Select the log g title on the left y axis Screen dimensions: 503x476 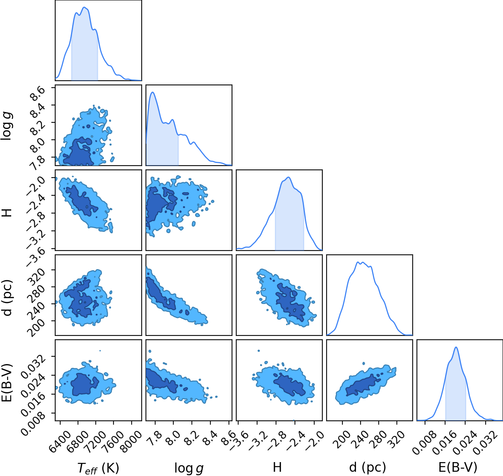coord(7,126)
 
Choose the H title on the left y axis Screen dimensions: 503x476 coord(7,213)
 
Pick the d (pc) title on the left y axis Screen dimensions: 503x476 coord(7,298)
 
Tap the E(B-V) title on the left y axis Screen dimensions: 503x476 coord(7,383)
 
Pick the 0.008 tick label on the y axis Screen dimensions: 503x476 coord(33,423)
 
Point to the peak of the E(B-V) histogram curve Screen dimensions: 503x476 coord(456,347)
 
